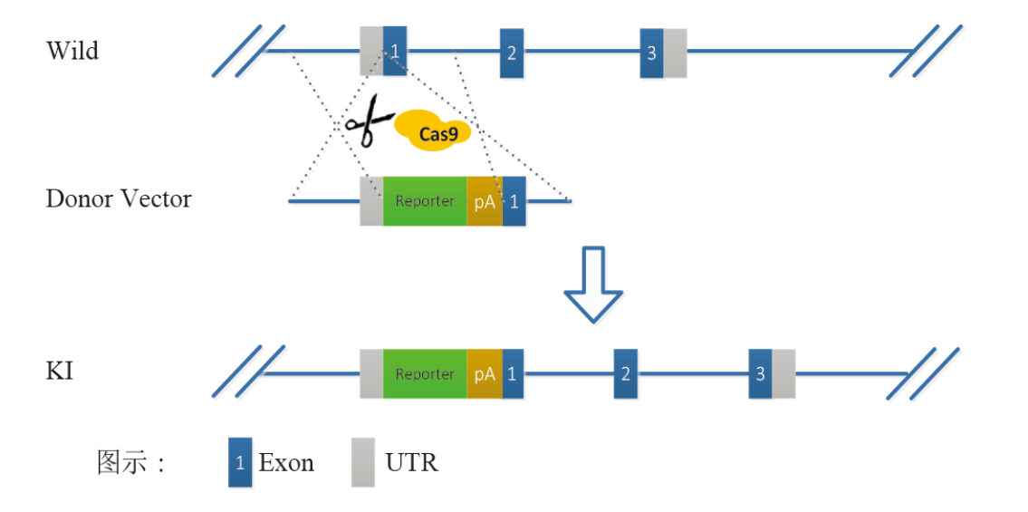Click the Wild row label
72,51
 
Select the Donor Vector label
119,199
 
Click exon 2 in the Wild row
512,53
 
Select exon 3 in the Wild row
651,53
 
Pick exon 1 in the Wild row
394,51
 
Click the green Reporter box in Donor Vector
425,201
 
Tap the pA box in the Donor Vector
485,201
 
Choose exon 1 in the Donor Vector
514,201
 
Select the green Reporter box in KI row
425,373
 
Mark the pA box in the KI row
485,373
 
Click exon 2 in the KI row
625,373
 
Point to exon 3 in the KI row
760,373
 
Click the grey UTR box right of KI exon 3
783,373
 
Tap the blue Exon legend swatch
240,462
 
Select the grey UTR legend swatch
363,462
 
